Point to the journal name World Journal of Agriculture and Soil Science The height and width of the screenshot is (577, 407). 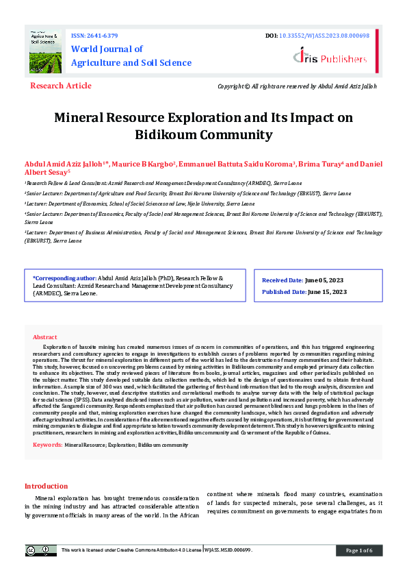tap(131, 56)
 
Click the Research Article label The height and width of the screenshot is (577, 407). tap(60, 86)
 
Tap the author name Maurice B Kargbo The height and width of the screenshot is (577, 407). tap(145, 164)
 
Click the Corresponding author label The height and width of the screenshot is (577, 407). tap(65, 279)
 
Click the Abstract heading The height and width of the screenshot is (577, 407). tap(45, 337)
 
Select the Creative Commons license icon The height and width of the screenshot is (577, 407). tap(41, 550)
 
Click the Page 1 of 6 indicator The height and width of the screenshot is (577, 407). tap(358, 550)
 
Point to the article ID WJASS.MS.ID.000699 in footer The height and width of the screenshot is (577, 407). tap(233, 550)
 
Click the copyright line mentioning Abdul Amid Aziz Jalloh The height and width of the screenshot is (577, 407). tap(297, 86)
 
